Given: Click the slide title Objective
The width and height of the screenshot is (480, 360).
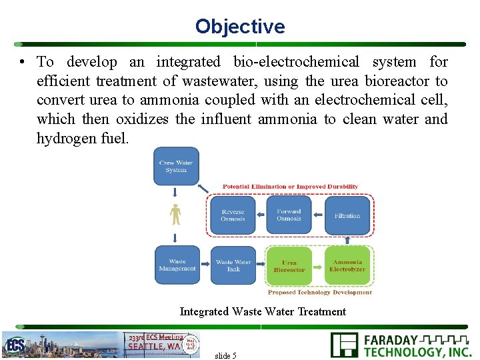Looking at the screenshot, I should [240, 27].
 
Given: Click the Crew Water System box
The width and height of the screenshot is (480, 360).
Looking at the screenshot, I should [176, 166].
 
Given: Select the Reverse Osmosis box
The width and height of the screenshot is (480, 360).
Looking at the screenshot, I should [233, 215].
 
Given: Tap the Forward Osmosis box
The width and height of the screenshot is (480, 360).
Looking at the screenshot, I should [289, 215].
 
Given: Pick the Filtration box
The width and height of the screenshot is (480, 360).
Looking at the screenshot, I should [347, 215].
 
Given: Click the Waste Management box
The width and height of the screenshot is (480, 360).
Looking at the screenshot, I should [177, 265].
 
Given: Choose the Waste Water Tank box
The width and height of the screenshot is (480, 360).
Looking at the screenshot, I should [233, 265].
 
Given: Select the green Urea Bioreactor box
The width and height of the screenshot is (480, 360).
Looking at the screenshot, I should [289, 266].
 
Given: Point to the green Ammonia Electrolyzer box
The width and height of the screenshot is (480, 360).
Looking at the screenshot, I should [347, 265].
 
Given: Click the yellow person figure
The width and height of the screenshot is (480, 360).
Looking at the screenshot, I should [175, 214].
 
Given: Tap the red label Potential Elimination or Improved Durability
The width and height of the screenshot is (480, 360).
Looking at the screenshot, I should [290, 187].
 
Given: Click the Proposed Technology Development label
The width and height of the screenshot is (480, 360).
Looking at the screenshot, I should [319, 292].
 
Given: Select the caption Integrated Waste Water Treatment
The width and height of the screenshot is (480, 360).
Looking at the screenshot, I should [263, 311].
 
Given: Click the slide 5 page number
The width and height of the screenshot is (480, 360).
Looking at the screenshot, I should [225, 355].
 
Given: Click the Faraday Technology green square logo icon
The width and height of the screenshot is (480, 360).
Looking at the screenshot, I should [344, 345].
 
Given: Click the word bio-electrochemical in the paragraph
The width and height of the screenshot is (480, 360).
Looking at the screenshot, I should [296, 62].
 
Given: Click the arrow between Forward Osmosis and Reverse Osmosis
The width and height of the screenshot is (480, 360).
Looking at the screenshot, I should [261, 215].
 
